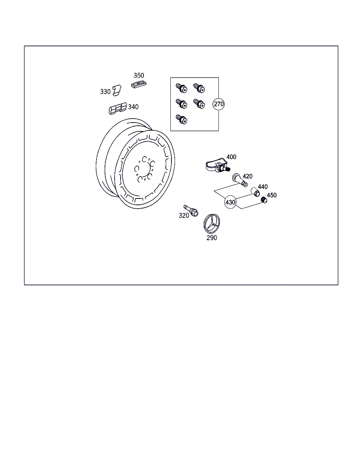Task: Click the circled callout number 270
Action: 218,104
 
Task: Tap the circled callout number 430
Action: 230,202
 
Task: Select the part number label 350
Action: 139,76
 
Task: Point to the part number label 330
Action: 105,92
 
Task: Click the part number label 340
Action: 133,107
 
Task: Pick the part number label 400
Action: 231,157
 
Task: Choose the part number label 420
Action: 247,176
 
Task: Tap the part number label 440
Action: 263,187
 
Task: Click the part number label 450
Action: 271,195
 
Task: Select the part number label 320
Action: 184,215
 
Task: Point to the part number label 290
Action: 212,238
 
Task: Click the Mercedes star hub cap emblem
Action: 212,224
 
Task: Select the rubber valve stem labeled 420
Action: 240,180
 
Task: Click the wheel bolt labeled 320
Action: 191,210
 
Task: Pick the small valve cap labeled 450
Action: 264,200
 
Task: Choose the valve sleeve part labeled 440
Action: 255,192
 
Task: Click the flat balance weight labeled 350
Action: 139,84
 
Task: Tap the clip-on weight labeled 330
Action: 117,90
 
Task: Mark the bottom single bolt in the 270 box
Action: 181,119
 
